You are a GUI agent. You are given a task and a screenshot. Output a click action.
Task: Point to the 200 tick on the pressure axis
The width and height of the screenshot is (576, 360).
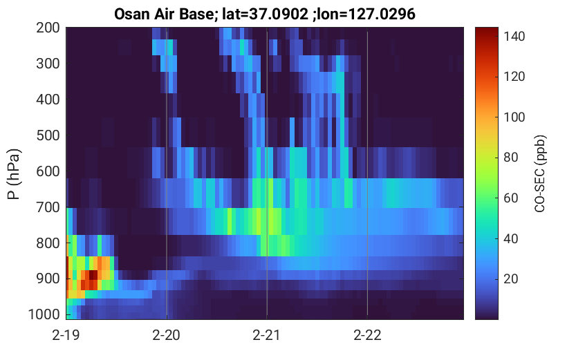tap(48, 28)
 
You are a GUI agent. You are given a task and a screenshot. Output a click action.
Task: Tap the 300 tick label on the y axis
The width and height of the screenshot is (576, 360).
tap(48, 64)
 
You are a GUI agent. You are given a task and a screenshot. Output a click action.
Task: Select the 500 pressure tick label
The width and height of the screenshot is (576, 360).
tap(48, 135)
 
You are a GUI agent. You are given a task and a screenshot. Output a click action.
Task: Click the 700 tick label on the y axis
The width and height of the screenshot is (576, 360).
tap(48, 207)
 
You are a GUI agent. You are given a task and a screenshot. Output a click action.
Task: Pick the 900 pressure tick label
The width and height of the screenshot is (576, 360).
tap(48, 279)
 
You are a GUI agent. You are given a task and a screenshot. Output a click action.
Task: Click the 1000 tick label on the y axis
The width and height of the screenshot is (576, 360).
tap(44, 314)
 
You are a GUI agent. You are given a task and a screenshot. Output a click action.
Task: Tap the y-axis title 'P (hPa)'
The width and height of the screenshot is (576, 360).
tap(14, 174)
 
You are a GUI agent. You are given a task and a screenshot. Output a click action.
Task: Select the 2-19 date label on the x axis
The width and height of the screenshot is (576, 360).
tap(66, 335)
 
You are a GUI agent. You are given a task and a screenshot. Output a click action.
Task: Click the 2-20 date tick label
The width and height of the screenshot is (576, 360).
tap(167, 335)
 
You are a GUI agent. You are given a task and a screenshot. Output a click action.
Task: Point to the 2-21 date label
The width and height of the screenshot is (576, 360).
tap(267, 335)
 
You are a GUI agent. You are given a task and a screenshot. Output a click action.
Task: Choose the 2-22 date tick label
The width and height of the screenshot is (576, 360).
tap(367, 335)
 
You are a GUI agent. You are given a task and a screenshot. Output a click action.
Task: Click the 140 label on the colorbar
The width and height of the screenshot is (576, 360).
tap(514, 37)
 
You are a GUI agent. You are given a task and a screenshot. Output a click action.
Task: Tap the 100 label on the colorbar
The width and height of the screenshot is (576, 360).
tap(514, 117)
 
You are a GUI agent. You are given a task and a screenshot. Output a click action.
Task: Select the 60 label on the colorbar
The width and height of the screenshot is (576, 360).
tap(511, 198)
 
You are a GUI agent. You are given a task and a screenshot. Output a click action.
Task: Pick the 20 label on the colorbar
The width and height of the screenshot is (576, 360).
tap(511, 279)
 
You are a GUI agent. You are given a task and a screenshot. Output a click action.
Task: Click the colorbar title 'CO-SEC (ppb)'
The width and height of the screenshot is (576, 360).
tap(540, 173)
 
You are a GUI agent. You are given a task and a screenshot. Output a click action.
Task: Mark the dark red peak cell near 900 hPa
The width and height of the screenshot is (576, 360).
tap(93, 275)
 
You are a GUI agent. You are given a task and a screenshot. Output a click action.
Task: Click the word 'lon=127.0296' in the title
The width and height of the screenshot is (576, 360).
tap(366, 14)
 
